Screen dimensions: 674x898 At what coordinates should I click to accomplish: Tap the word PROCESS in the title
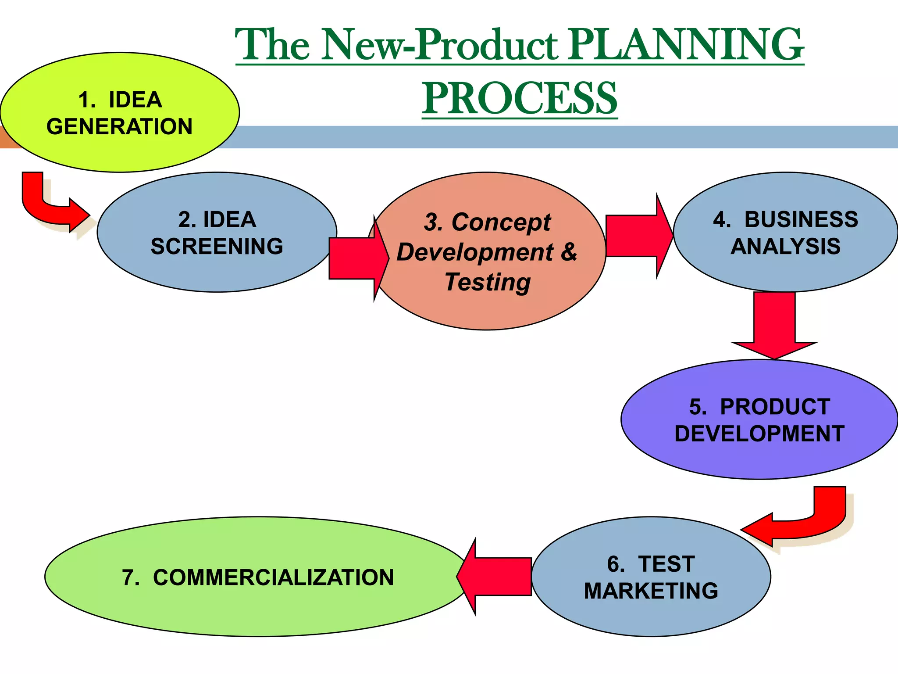coord(520,98)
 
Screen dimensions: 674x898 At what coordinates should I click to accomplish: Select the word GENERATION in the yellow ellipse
coord(119,127)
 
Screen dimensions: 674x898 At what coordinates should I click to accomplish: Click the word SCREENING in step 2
coord(217,246)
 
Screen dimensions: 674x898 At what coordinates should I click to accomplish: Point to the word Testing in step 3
coord(488,282)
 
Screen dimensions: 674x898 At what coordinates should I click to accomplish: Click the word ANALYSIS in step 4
coord(785,246)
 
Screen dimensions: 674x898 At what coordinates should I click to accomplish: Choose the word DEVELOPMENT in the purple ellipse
coord(759,434)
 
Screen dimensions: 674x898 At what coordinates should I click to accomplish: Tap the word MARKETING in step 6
coord(651,591)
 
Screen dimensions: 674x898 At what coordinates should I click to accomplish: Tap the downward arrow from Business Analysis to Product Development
coord(774,325)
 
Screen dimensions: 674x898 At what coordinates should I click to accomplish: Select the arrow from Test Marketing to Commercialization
coord(495,577)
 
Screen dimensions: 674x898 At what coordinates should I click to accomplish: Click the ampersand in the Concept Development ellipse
coord(569,252)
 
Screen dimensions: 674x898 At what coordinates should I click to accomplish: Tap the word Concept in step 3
coord(501,222)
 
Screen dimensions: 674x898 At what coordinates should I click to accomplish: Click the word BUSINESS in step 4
coord(801,219)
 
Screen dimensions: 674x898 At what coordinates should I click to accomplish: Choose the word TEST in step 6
coord(666,564)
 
